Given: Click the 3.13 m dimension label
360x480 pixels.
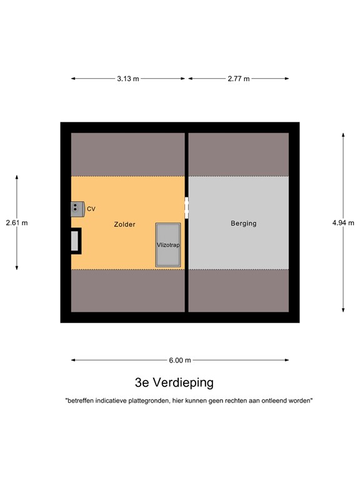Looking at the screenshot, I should [x=128, y=79].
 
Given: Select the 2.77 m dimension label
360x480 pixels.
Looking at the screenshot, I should [x=238, y=79].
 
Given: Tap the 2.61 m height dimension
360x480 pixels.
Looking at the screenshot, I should [x=17, y=222].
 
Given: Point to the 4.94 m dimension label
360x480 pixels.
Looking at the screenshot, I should [x=343, y=222].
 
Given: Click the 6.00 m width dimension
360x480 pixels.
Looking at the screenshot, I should [x=179, y=360].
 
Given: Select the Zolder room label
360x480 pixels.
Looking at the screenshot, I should [x=125, y=224].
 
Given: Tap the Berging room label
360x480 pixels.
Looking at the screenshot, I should [x=244, y=223].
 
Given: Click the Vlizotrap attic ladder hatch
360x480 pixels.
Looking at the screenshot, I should [x=168, y=244].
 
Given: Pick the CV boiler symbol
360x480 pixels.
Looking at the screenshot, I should [x=77, y=208].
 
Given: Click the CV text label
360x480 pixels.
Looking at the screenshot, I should [x=91, y=209].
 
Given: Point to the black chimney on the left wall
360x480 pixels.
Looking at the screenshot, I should [x=75, y=241].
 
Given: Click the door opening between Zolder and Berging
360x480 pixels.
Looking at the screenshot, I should [x=186, y=206].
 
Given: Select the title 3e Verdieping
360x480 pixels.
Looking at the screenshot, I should [x=174, y=382].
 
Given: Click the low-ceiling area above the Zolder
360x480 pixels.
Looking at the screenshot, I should [x=128, y=154].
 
